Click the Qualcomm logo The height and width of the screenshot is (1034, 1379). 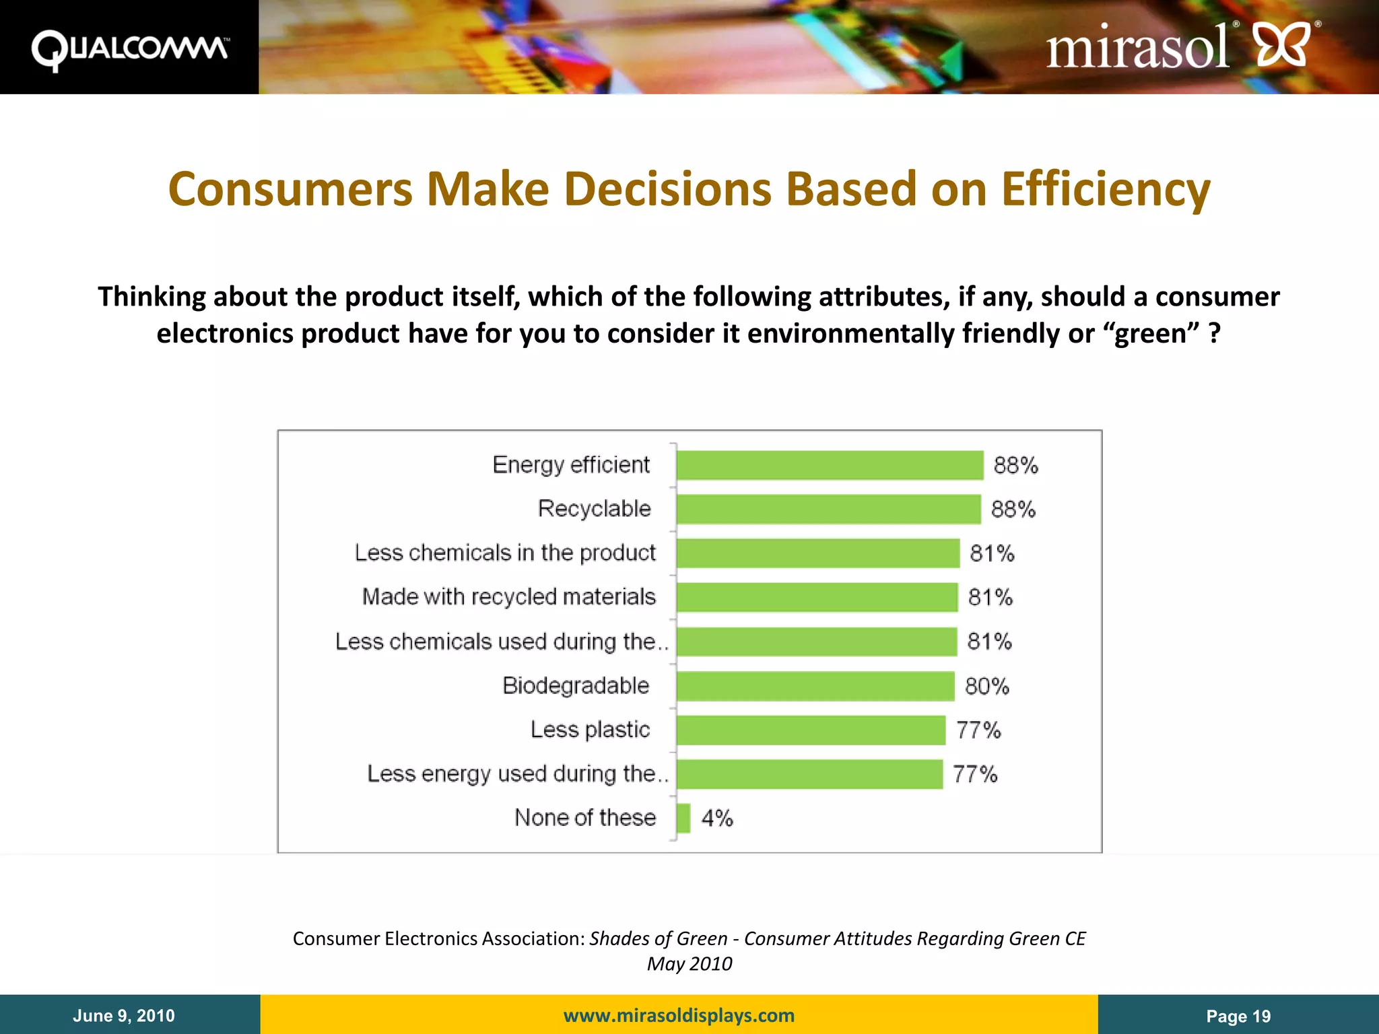(x=129, y=49)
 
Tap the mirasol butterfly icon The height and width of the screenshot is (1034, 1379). (x=1282, y=44)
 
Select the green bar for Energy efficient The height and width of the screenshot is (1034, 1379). (x=830, y=465)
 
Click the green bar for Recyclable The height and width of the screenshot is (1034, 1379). (x=828, y=509)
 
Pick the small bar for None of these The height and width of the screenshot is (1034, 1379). (x=683, y=818)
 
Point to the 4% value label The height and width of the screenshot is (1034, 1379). (x=717, y=818)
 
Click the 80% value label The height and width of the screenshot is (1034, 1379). (x=987, y=686)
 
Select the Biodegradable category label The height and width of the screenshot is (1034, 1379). (x=576, y=685)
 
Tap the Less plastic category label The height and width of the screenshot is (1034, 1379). (x=590, y=730)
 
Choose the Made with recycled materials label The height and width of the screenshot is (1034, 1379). (x=509, y=597)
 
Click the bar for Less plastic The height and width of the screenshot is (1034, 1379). (x=811, y=730)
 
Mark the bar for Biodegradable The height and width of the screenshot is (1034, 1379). (x=815, y=686)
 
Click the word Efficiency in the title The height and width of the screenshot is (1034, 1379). (x=1106, y=189)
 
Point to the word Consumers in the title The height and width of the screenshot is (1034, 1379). (x=290, y=189)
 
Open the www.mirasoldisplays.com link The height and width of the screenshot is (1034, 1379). (x=679, y=1015)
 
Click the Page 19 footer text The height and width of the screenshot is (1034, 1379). (x=1238, y=1016)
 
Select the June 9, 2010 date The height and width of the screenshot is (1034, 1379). (x=124, y=1016)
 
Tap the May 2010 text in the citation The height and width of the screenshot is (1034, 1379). (x=689, y=964)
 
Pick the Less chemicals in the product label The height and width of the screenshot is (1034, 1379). (x=505, y=553)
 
